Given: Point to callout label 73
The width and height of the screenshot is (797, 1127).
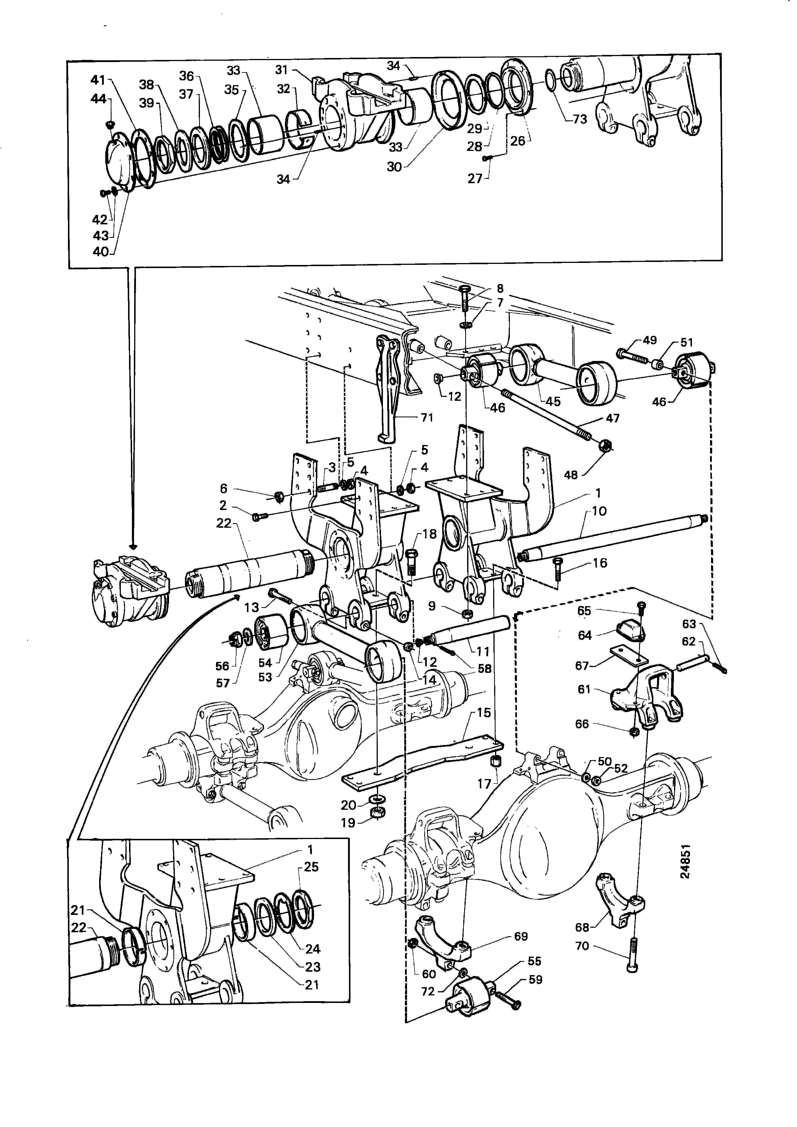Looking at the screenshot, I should [x=580, y=119].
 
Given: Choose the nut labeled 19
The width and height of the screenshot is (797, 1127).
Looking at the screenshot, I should [x=377, y=812].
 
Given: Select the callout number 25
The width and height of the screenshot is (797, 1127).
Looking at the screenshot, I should [x=311, y=867].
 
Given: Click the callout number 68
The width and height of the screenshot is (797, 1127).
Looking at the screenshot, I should [x=582, y=927].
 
